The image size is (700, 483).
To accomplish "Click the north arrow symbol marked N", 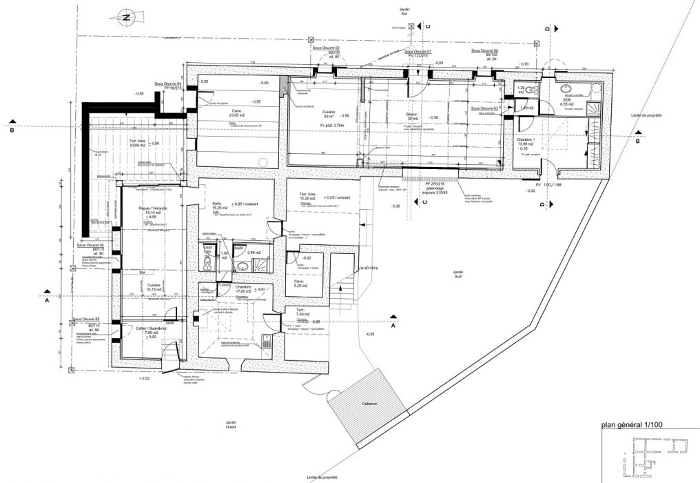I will tap(126, 18).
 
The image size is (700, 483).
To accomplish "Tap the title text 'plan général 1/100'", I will tap(632, 426).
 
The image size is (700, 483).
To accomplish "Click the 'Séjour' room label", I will tap(413, 113).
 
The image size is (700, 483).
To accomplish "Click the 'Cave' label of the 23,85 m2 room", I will tap(236, 110).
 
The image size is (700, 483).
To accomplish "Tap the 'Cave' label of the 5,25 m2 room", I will tap(299, 282).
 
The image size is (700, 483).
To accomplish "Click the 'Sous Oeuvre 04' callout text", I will tap(167, 83).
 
